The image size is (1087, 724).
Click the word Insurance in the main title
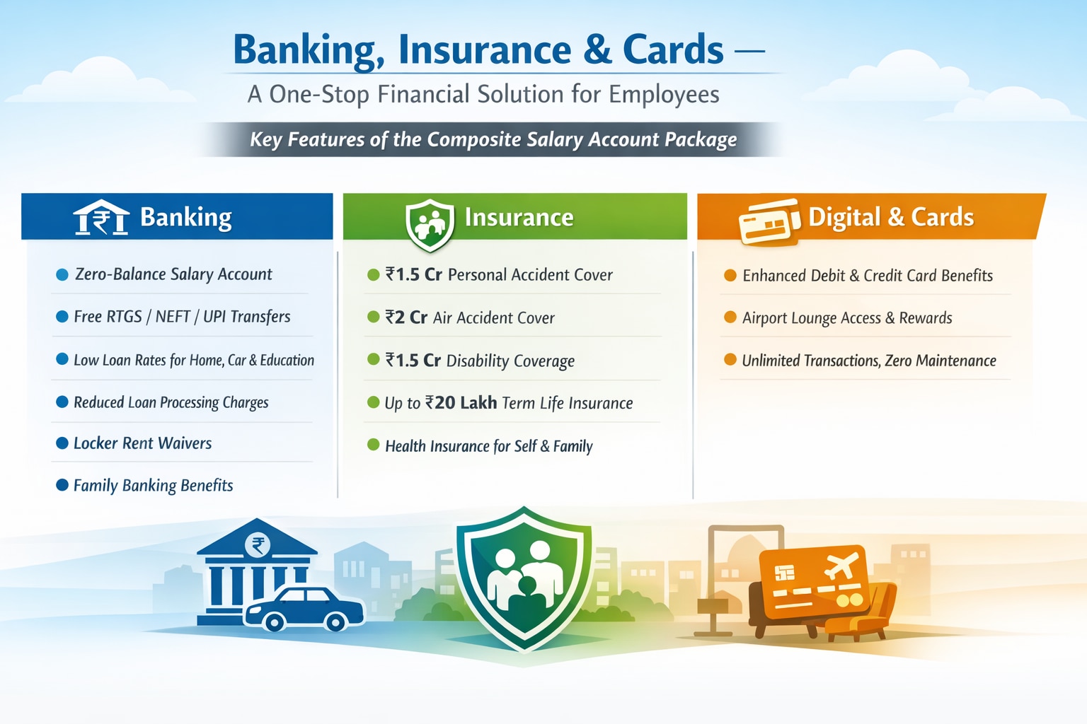point(485,50)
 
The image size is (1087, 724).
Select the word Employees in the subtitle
point(665,95)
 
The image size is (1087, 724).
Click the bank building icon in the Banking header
point(101,217)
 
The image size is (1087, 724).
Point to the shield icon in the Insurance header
point(430,225)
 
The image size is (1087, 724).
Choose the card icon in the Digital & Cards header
point(769,221)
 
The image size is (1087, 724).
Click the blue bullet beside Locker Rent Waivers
point(62,443)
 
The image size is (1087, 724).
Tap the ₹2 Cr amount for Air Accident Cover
point(406,317)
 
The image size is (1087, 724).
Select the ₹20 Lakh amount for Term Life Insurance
point(461,403)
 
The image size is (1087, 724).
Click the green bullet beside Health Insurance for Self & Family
point(373,445)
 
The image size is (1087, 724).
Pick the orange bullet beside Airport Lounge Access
point(730,317)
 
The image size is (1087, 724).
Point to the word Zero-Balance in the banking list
point(120,274)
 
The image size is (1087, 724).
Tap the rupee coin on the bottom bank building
point(257,546)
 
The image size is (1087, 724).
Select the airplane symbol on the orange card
point(841,566)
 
